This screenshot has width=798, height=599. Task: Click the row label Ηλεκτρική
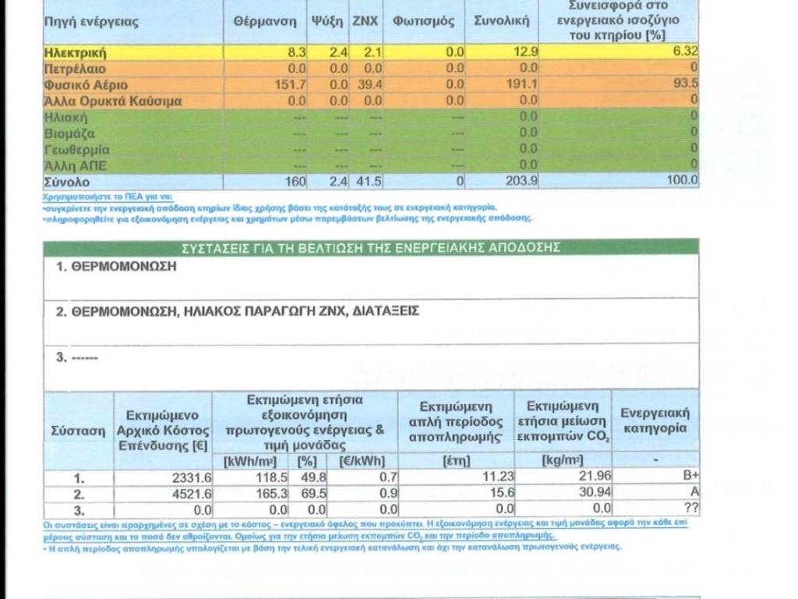coord(75,53)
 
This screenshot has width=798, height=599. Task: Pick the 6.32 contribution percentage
coord(685,52)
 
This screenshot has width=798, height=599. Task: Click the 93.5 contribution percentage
coord(685,85)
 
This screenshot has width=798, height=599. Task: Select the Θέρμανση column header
coord(265,21)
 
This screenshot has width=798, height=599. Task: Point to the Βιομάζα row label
coord(66,133)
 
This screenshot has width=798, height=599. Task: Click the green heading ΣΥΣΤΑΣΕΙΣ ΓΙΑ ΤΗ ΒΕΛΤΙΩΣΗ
coord(371,247)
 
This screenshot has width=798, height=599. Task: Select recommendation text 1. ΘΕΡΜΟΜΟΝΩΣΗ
coord(117,266)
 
